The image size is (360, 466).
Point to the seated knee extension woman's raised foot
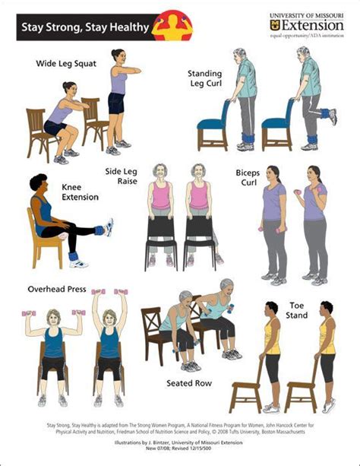pyautogui.click(x=108, y=227)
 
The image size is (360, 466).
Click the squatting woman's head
pyautogui.click(x=69, y=89)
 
